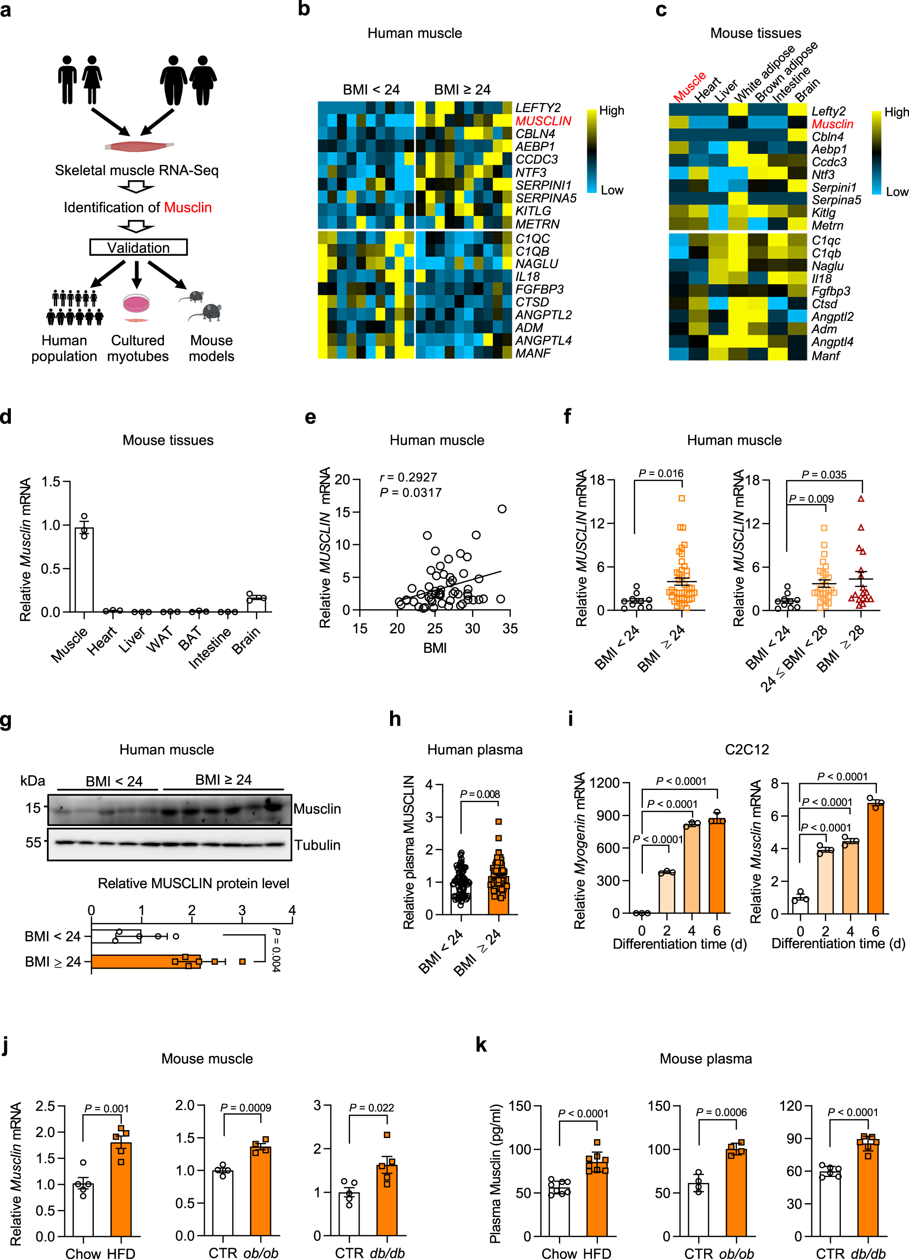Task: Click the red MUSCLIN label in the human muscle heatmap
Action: tap(543, 121)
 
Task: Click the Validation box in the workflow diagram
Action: tap(138, 247)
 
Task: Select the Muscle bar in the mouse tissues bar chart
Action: tap(84, 572)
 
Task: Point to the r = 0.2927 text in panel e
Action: tap(408, 477)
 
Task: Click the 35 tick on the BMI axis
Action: tap(509, 629)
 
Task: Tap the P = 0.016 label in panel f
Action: tap(660, 473)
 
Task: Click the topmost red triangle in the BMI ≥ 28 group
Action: tap(860, 499)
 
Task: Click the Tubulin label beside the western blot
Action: tap(317, 845)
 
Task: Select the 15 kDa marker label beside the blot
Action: tap(33, 808)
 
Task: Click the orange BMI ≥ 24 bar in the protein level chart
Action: tap(144, 961)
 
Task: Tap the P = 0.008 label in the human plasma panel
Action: tap(480, 794)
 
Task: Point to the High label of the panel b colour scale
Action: tap(611, 111)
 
